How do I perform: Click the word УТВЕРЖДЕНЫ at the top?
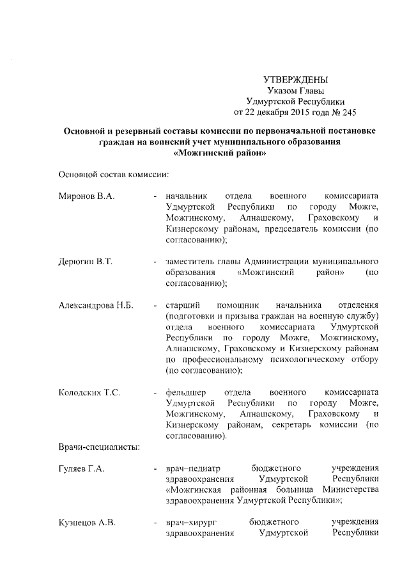[x=295, y=79]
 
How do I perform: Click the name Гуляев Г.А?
[x=82, y=469]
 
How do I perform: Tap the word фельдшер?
[x=185, y=392]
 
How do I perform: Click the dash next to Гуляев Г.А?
[x=155, y=470]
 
